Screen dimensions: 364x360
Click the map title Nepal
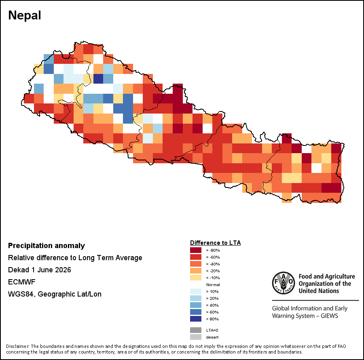pos(25,15)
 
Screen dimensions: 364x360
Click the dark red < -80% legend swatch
pos(196,250)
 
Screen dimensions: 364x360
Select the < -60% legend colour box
pos(196,257)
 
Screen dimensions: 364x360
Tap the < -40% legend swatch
pos(196,264)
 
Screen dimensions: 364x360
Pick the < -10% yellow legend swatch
pos(196,278)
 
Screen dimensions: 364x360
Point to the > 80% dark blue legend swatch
pos(196,319)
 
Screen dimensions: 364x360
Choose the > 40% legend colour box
pos(196,305)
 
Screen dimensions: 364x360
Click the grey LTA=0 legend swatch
pos(196,330)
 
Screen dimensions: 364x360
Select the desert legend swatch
pos(196,337)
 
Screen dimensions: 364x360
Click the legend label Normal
pos(213,284)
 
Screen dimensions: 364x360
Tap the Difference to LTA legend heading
pos(216,243)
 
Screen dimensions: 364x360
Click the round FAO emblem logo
pos(284,283)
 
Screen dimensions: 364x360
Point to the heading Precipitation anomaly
pos(47,246)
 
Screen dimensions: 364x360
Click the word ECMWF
pos(22,282)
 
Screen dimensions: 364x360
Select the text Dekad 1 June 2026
pos(40,270)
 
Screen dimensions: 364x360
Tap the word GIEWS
pos(329,316)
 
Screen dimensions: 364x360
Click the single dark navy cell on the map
pos(98,79)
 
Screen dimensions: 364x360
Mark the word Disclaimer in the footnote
pos(17,346)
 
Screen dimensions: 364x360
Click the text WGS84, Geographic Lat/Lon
pos(55,294)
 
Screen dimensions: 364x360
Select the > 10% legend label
pos(212,291)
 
